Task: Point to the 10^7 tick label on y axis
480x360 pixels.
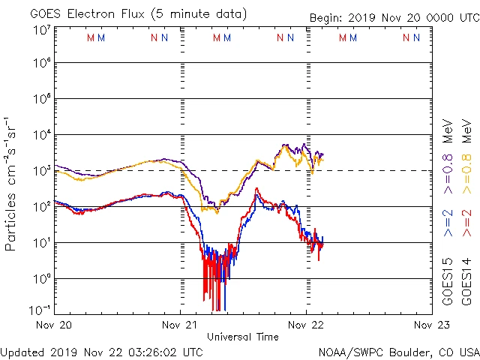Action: pos(41,30)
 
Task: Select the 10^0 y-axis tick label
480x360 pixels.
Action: pos(41,279)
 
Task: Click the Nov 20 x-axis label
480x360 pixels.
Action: pos(54,325)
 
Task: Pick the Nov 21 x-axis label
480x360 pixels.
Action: pos(180,325)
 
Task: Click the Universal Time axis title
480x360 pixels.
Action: pos(243,337)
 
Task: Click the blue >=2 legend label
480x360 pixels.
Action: pos(448,223)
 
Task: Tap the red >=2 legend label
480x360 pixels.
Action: pos(466,223)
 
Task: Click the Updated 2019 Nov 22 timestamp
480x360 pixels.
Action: pos(102,351)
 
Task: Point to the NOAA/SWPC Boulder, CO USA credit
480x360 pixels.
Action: pos(398,351)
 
